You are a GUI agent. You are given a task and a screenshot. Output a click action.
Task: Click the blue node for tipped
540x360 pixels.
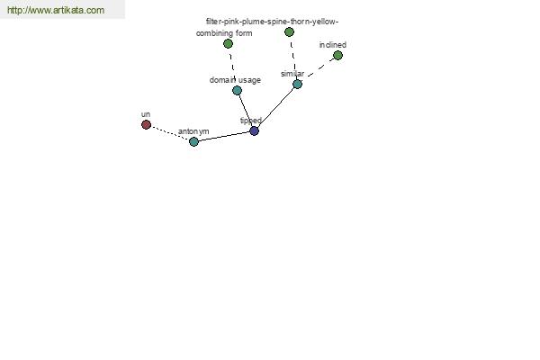pyautogui.click(x=254, y=130)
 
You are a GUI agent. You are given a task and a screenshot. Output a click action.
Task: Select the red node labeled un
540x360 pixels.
pyautogui.click(x=146, y=124)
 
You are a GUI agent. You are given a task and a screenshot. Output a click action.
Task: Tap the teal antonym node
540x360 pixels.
pyautogui.click(x=193, y=141)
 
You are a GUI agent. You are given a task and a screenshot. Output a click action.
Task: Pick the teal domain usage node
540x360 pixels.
pyautogui.click(x=237, y=91)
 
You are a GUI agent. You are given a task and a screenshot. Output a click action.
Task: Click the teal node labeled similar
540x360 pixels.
pyautogui.click(x=297, y=84)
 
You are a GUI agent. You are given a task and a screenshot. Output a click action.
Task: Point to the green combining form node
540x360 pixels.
pyautogui.click(x=228, y=44)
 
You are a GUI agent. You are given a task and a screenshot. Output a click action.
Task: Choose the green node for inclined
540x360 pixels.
pyautogui.click(x=337, y=55)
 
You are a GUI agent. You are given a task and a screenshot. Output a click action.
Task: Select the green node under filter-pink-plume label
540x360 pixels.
pyautogui.click(x=289, y=32)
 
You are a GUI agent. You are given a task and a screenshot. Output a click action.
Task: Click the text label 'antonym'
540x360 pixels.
pyautogui.click(x=193, y=131)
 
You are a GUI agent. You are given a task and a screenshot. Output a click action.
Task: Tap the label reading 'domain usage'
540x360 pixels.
pyautogui.click(x=235, y=80)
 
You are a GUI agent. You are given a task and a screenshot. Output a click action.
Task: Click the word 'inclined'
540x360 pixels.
pyautogui.click(x=333, y=45)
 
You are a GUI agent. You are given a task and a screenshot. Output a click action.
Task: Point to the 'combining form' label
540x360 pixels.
pyautogui.click(x=224, y=33)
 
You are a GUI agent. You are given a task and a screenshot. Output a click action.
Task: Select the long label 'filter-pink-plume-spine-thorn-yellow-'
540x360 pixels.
pyautogui.click(x=272, y=22)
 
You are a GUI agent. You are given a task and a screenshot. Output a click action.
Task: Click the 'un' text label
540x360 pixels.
pyautogui.click(x=146, y=114)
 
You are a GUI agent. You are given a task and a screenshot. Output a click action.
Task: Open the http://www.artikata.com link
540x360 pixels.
pyautogui.click(x=56, y=10)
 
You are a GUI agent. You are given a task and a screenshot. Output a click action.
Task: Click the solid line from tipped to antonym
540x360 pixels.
pyautogui.click(x=224, y=137)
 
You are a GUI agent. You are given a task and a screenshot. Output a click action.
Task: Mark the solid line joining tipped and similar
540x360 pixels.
pyautogui.click(x=276, y=107)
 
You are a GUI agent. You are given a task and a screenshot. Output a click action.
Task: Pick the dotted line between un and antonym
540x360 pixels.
pyautogui.click(x=170, y=133)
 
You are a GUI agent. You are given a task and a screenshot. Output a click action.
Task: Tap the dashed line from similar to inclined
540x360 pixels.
pyautogui.click(x=321, y=67)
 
